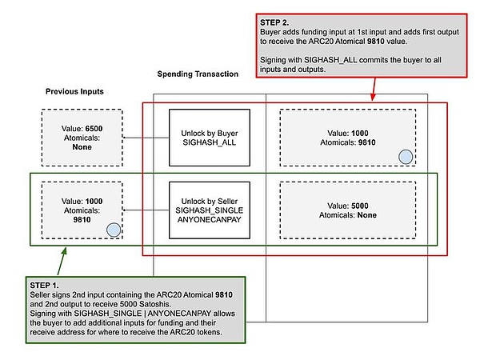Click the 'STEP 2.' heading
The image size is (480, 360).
coord(277,22)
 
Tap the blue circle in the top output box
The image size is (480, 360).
coord(406,157)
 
